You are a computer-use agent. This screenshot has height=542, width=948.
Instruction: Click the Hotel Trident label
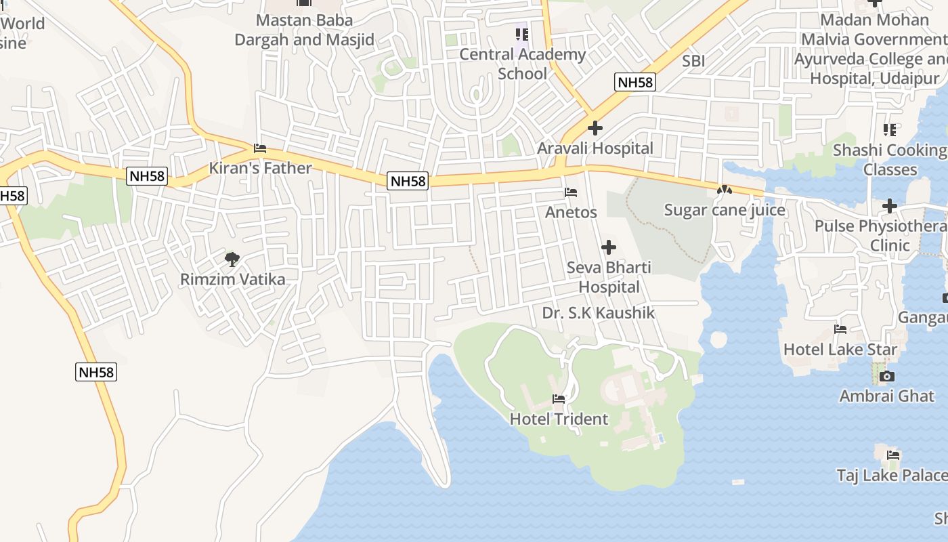559,419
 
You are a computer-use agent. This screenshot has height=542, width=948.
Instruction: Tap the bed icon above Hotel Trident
559,399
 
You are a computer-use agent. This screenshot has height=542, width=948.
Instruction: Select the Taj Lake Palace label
891,476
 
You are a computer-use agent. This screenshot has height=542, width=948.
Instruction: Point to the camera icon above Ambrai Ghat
887,376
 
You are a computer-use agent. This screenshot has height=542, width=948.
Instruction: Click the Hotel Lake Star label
840,350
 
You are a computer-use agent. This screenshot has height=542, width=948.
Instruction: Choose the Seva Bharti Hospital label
609,277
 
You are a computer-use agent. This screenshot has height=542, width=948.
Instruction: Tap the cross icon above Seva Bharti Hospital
609,247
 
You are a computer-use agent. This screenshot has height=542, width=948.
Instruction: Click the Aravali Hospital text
595,148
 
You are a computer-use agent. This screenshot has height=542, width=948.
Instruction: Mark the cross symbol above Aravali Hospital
595,127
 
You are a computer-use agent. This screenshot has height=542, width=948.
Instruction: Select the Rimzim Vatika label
233,279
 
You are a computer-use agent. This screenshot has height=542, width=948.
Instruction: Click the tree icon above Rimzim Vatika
232,258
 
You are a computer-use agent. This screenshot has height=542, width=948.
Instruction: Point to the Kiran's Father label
261,168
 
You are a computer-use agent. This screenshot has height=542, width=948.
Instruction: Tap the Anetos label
572,212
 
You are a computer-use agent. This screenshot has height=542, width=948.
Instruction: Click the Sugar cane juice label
725,210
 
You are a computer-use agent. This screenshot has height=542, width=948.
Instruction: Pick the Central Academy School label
522,64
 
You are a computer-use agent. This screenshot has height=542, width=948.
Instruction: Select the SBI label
693,61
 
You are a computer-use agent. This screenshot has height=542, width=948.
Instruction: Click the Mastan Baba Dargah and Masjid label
304,30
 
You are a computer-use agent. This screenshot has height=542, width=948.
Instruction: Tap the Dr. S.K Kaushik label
599,313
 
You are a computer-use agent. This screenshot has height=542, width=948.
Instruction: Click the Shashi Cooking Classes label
890,159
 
